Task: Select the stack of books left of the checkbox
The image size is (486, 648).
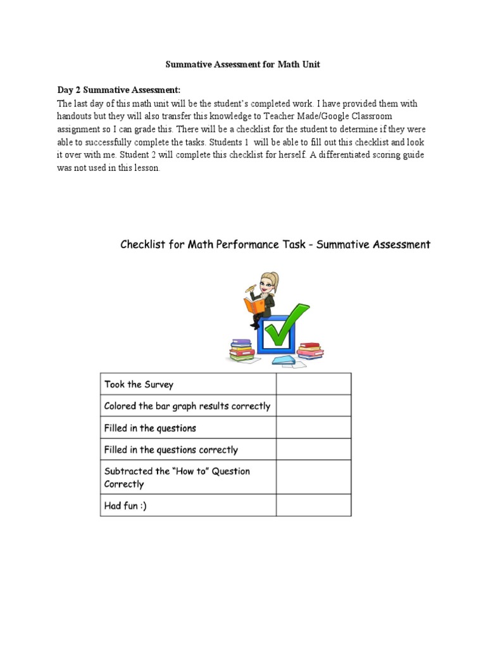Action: (241, 350)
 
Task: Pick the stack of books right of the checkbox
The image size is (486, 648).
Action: (310, 350)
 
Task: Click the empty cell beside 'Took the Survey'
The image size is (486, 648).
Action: (313, 384)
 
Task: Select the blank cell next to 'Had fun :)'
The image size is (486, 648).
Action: (313, 506)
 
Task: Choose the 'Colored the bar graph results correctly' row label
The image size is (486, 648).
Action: (187, 406)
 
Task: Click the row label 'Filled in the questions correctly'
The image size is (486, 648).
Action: (171, 450)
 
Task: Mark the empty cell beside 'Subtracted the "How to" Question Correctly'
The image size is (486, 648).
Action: (313, 477)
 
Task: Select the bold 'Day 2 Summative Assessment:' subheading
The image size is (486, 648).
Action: (119, 90)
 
